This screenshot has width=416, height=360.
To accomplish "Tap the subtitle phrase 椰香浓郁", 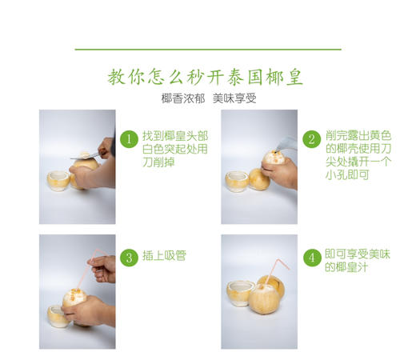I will coord(181,99).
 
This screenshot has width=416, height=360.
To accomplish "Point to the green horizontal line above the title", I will coord(207,50).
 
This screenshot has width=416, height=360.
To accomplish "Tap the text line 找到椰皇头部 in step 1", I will coord(174,134).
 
